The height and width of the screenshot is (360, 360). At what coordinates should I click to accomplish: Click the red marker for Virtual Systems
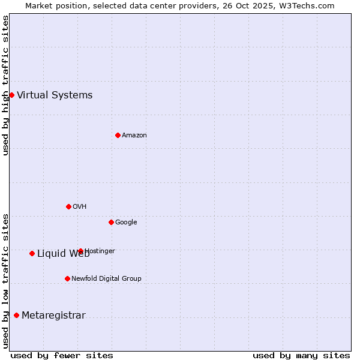pyautogui.click(x=11, y=95)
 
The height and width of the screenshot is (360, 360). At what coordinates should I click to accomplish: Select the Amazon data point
pyautogui.click(x=118, y=135)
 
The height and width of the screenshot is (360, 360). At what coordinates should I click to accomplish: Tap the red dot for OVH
pyautogui.click(x=68, y=206)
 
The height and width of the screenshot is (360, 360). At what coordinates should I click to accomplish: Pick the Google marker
pyautogui.click(x=111, y=222)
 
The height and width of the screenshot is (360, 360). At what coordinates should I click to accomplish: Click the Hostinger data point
pyautogui.click(x=80, y=251)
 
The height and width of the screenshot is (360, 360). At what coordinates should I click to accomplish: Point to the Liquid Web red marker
pyautogui.click(x=32, y=253)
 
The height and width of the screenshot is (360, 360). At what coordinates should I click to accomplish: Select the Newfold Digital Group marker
pyautogui.click(x=67, y=278)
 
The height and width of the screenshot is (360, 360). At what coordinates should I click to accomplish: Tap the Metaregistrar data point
pyautogui.click(x=16, y=315)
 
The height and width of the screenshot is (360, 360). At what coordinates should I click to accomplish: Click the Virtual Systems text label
pyautogui.click(x=55, y=95)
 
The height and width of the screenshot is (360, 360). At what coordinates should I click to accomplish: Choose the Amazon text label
pyautogui.click(x=134, y=135)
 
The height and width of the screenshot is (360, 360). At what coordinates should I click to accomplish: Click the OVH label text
pyautogui.click(x=80, y=206)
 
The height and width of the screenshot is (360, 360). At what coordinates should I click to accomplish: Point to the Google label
pyautogui.click(x=126, y=222)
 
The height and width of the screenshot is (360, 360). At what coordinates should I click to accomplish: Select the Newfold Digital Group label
pyautogui.click(x=106, y=278)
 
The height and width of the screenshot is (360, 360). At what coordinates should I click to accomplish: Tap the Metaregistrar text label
pyautogui.click(x=53, y=316)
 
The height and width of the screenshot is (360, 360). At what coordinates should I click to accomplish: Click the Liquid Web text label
pyautogui.click(x=63, y=253)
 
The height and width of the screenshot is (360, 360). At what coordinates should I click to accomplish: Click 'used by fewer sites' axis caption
pyautogui.click(x=62, y=355)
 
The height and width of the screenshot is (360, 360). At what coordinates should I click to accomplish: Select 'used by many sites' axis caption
pyautogui.click(x=301, y=355)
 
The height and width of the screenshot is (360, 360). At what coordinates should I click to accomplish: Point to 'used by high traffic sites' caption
pyautogui.click(x=5, y=85)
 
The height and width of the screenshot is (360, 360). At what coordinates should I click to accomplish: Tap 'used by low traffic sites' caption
pyautogui.click(x=5, y=281)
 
